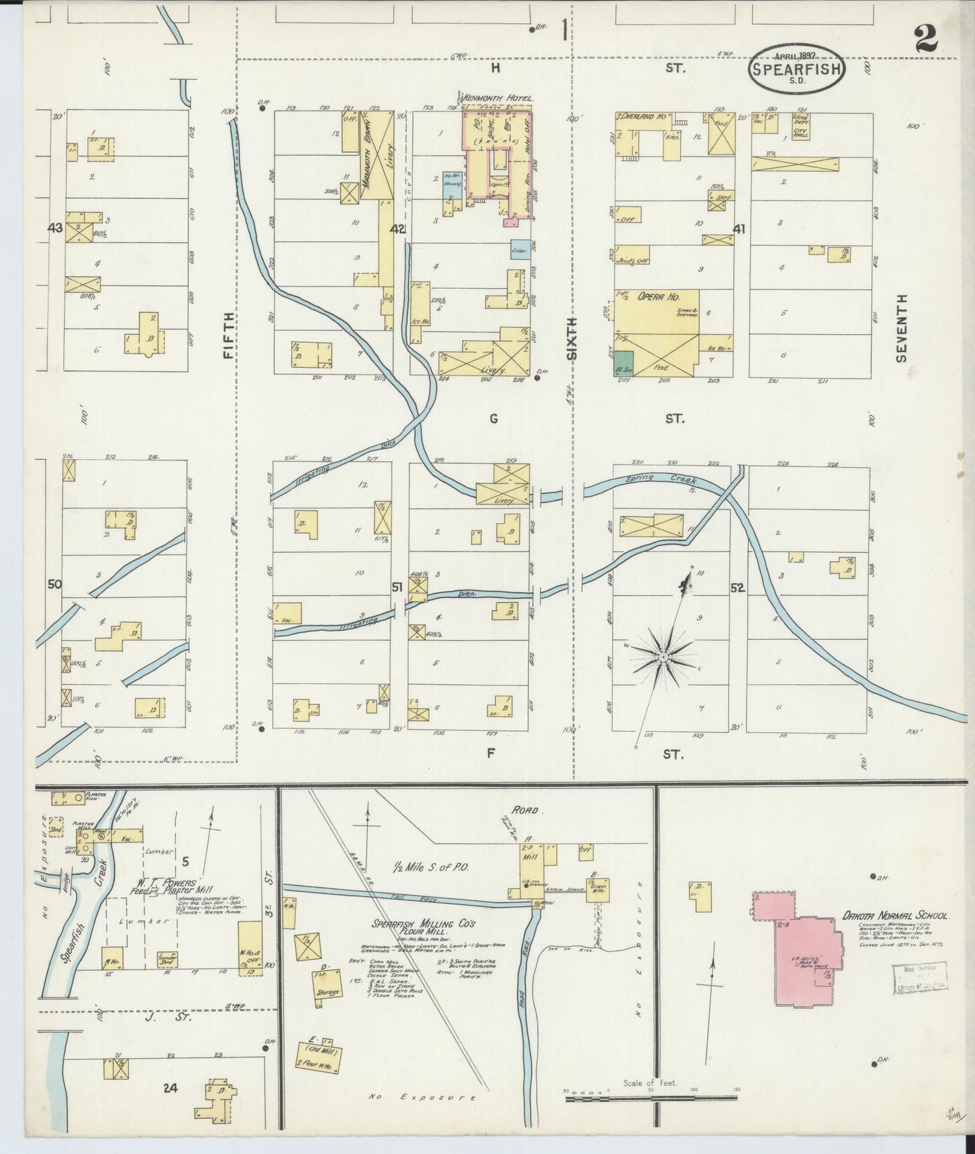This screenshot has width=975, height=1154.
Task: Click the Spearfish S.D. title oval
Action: pyautogui.click(x=796, y=69)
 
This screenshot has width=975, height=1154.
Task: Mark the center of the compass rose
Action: pyautogui.click(x=664, y=656)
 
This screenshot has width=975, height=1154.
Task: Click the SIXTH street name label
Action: pyautogui.click(x=572, y=338)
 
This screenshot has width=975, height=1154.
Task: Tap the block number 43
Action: pyautogui.click(x=55, y=228)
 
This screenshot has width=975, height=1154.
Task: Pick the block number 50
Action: pyautogui.click(x=55, y=584)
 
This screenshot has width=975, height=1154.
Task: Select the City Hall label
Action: pyautogui.click(x=800, y=133)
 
